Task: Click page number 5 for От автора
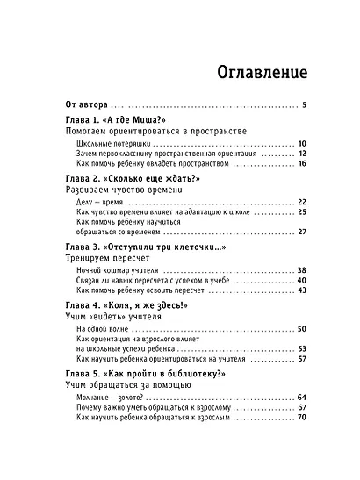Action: [302, 105]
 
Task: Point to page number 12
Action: [301, 153]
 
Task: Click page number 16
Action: [301, 163]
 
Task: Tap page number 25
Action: [301, 212]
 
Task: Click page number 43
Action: [301, 291]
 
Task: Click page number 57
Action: [301, 360]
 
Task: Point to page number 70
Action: [301, 418]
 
